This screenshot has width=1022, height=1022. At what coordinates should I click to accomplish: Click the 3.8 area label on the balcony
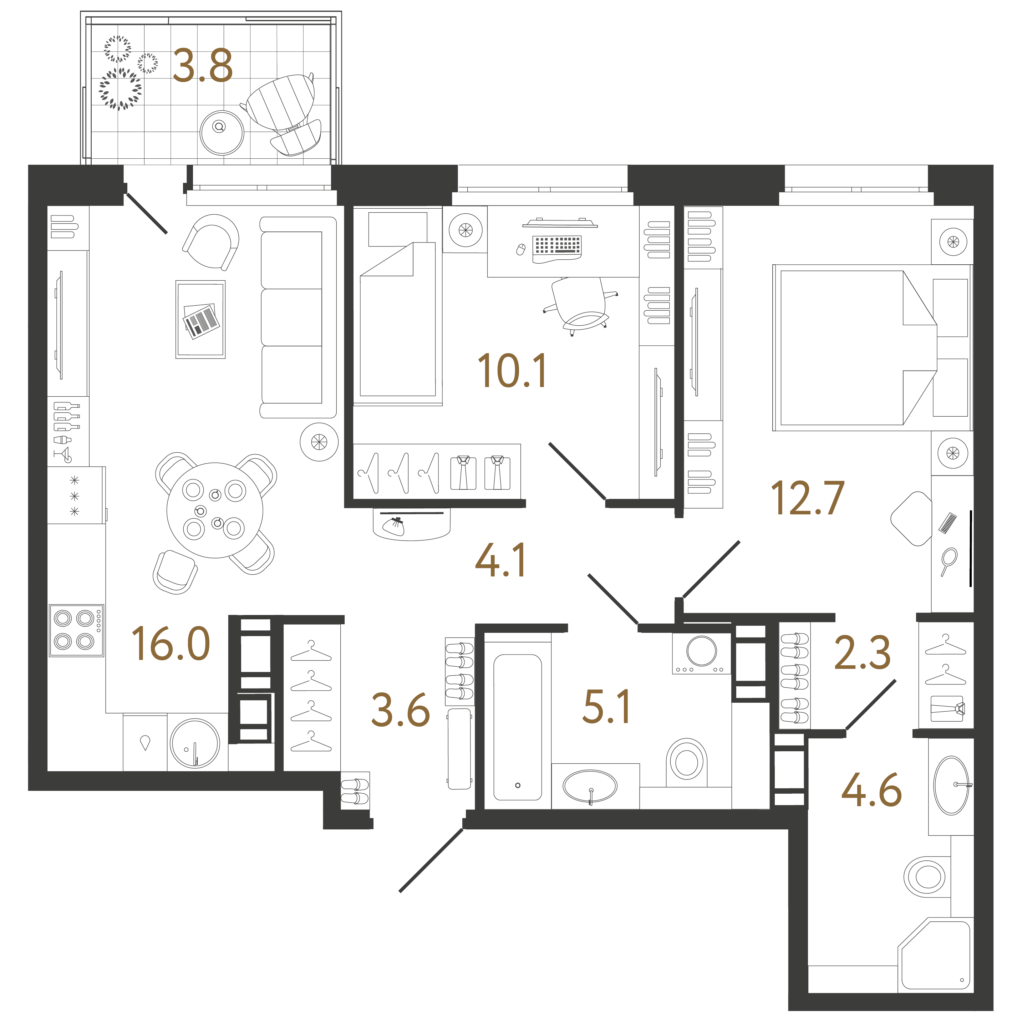point(203,66)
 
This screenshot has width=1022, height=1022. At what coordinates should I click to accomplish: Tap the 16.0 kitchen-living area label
point(171,644)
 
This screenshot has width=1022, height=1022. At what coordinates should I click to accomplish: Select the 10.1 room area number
point(512,371)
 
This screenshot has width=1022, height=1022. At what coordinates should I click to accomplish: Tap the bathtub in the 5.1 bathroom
point(517,727)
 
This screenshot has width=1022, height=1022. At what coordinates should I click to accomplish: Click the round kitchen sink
point(195,743)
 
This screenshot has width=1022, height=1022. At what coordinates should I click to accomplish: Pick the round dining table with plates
point(214,510)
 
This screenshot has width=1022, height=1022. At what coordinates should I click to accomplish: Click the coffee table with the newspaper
point(200,320)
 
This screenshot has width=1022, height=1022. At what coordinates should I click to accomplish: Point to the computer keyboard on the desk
point(557,246)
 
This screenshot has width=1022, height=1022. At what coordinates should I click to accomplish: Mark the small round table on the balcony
point(222,132)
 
